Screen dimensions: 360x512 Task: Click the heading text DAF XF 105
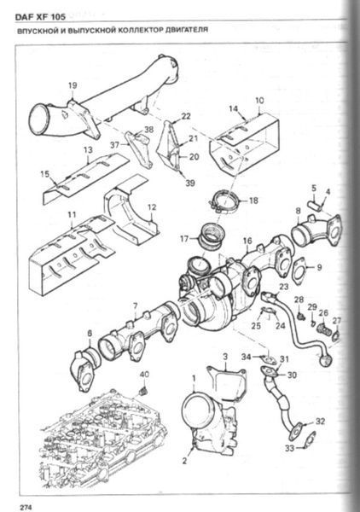pyautogui.click(x=40, y=17)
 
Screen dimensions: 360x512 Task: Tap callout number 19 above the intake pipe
pyautogui.click(x=73, y=85)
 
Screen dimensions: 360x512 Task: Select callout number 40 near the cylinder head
pyautogui.click(x=144, y=375)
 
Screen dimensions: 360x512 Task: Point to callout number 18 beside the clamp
pyautogui.click(x=253, y=201)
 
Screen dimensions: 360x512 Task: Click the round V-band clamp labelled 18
pyautogui.click(x=224, y=202)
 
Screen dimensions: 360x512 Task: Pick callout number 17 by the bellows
pyautogui.click(x=184, y=239)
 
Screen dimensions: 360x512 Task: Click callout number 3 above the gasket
pyautogui.click(x=225, y=356)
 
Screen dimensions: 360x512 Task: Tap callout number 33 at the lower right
pyautogui.click(x=289, y=449)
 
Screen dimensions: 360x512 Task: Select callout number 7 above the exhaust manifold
pyautogui.click(x=135, y=306)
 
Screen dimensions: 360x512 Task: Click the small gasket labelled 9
pyautogui.click(x=299, y=271)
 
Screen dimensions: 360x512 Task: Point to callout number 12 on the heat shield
pyautogui.click(x=152, y=207)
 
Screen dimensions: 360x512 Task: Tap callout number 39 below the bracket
pyautogui.click(x=190, y=183)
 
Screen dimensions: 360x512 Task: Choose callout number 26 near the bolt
pyautogui.click(x=323, y=313)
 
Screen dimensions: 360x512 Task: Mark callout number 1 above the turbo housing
pyautogui.click(x=194, y=379)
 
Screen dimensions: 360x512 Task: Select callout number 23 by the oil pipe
pyautogui.click(x=284, y=287)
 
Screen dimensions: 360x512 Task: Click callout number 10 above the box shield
pyautogui.click(x=259, y=101)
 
